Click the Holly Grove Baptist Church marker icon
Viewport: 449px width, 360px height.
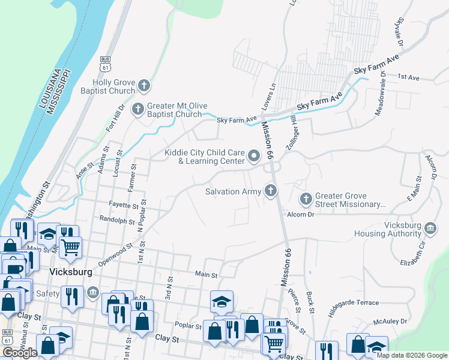(x=143, y=86)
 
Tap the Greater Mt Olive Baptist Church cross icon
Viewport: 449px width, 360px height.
(x=137, y=109)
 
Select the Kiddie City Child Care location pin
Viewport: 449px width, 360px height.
(x=253, y=157)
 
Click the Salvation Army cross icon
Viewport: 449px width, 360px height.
(x=271, y=191)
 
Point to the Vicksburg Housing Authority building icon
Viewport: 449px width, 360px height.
(x=430, y=228)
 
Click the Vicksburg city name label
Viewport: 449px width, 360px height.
(x=70, y=272)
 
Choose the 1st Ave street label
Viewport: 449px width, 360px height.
(x=408, y=77)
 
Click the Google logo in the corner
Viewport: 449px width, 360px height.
(x=20, y=353)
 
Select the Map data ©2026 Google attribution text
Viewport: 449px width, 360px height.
(x=411, y=355)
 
